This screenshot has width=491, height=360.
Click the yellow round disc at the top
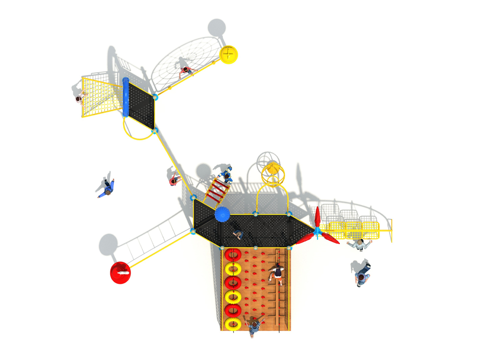pyautogui.click(x=228, y=54)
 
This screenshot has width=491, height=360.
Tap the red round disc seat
pyautogui.click(x=121, y=272)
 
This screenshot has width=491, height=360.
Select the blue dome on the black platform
pyautogui.click(x=222, y=215)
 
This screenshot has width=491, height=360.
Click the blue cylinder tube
pyautogui.click(x=126, y=97)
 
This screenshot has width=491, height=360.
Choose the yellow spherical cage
pyautogui.click(x=273, y=172)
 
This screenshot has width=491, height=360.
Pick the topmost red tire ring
pyautogui.click(x=232, y=255)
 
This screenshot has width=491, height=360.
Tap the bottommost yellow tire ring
pyautogui.click(x=232, y=323)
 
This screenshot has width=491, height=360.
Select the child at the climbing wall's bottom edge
pyautogui.click(x=253, y=325)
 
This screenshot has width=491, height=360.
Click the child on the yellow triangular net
pyautogui.click(x=80, y=100)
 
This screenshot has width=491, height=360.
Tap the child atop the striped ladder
pyautogui.click(x=225, y=174)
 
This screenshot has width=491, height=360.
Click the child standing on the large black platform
pyautogui.click(x=238, y=235)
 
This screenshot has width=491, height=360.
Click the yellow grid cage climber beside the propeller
pyautogui.click(x=352, y=227)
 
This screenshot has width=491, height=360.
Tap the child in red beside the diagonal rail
pyautogui.click(x=174, y=180)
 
